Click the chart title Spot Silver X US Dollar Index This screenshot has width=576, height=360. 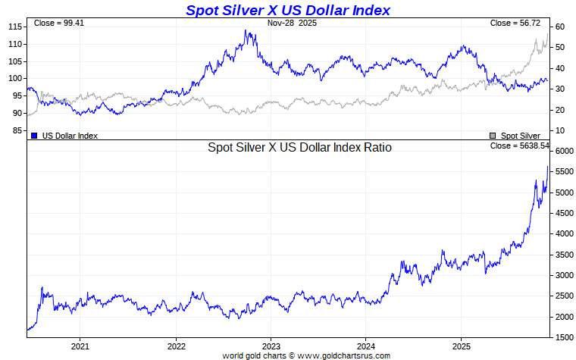(x=288, y=10)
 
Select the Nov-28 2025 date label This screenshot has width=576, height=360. (x=292, y=23)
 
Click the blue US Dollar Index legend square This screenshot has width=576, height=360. (x=34, y=136)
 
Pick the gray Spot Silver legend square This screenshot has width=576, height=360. (x=493, y=136)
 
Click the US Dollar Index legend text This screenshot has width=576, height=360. (x=70, y=136)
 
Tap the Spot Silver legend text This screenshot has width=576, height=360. (x=521, y=136)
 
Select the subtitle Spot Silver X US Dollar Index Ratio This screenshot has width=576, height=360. (x=299, y=148)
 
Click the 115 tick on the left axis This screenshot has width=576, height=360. (x=15, y=27)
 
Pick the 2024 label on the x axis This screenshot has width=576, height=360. (x=366, y=347)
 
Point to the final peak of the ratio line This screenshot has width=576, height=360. (x=547, y=167)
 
